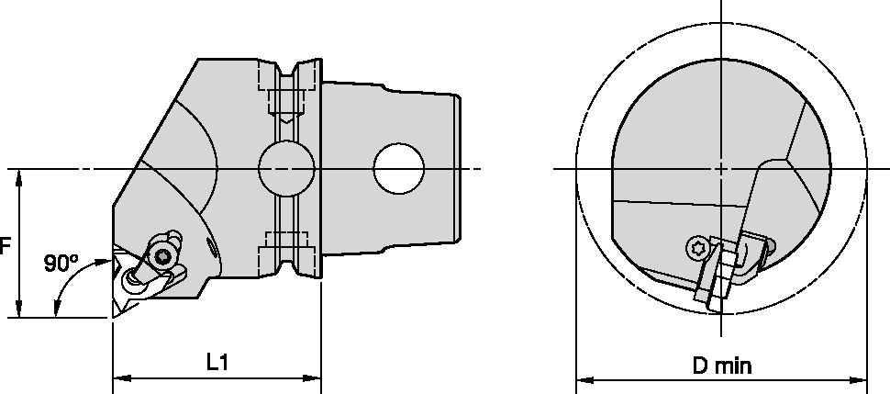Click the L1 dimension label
217,363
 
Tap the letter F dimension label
6,246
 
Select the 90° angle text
61,264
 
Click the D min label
721,366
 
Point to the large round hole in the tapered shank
399,169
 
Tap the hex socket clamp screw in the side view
164,256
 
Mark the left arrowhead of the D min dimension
583,378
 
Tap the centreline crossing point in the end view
721,169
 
